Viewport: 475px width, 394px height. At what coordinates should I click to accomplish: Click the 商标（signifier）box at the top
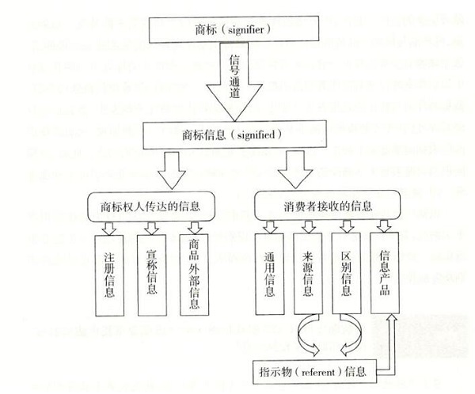234,29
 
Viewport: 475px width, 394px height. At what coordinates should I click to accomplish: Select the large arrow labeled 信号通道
234,81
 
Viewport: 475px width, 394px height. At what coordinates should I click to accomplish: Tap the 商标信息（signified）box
234,134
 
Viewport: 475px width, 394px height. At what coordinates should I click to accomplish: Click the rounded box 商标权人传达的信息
151,206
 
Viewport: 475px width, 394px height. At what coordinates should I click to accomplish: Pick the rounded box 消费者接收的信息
327,206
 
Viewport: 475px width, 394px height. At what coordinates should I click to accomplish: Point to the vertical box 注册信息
109,275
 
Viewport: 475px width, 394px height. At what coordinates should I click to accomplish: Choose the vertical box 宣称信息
151,275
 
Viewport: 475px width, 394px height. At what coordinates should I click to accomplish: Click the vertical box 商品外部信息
194,275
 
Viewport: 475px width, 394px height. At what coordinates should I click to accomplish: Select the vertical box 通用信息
270,274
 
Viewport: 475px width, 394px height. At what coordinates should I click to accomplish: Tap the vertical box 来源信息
308,274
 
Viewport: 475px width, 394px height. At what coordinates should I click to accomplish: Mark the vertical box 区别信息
346,273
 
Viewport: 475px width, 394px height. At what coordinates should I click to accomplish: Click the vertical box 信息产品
385,273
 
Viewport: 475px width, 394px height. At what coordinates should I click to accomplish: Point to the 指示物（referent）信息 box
314,372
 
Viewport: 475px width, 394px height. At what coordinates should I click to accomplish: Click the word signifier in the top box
245,30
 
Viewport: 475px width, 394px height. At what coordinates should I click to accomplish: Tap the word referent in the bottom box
318,372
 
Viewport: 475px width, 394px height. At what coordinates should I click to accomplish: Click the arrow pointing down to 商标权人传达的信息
172,170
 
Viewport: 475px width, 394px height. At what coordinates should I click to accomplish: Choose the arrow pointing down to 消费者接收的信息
295,169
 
